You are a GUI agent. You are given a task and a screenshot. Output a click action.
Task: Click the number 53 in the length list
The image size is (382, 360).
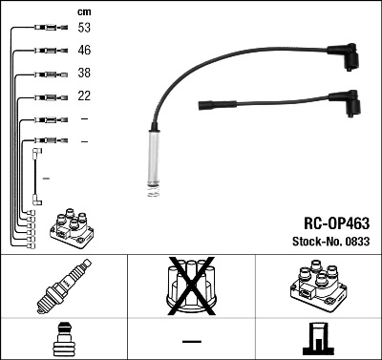click(84, 28)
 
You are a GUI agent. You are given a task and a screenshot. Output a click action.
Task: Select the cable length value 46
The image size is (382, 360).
click(84, 50)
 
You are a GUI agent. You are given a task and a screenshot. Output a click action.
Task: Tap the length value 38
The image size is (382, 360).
click(84, 73)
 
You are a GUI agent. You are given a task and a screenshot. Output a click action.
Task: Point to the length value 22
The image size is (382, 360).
click(84, 95)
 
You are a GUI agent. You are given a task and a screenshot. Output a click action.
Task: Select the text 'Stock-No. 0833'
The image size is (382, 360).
click(330, 242)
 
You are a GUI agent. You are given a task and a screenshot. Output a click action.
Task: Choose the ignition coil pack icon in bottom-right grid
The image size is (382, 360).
click(316, 284)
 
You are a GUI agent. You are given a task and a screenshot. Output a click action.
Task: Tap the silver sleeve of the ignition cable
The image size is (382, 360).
click(153, 158)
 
